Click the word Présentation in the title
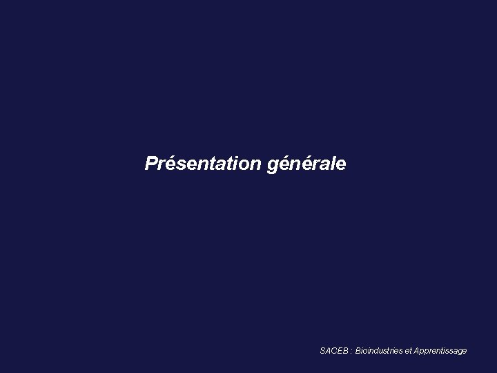202,164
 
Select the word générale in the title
306,165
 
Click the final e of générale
341,165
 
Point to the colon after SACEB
351,352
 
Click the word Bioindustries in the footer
378,351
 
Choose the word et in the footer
408,351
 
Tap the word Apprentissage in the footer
440,352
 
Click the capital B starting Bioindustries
358,351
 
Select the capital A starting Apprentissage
416,351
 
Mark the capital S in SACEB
322,351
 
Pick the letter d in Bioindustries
377,351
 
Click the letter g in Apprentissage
459,352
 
